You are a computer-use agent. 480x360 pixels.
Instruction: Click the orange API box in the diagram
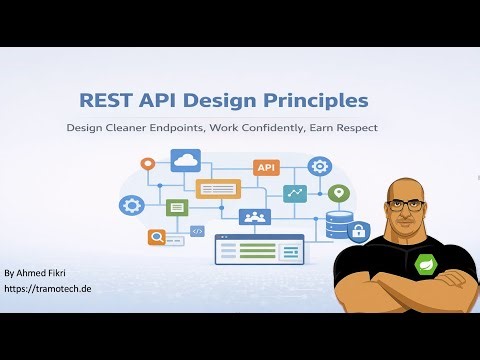tap(267, 167)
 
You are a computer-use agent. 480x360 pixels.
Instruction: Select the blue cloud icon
tap(187, 161)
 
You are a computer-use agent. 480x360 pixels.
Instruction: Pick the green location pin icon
tap(340, 193)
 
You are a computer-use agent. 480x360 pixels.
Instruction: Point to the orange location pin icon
tap(148, 163)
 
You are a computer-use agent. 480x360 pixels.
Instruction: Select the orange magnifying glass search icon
tap(157, 237)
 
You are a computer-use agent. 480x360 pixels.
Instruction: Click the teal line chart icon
tap(295, 193)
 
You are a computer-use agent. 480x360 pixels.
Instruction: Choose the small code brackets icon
tap(198, 231)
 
